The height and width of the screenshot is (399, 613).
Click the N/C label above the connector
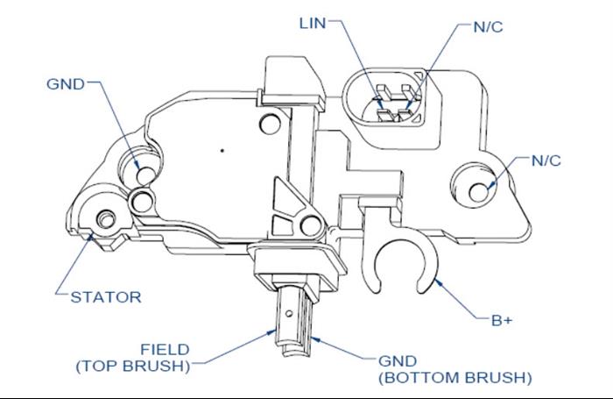click(x=487, y=25)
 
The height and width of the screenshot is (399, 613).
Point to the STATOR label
click(x=105, y=296)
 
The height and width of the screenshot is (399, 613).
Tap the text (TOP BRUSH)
click(x=132, y=366)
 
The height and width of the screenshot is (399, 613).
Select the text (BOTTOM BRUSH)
click(x=454, y=378)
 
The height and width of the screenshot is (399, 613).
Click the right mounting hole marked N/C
click(x=479, y=190)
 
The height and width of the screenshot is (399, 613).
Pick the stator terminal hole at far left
click(x=105, y=217)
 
